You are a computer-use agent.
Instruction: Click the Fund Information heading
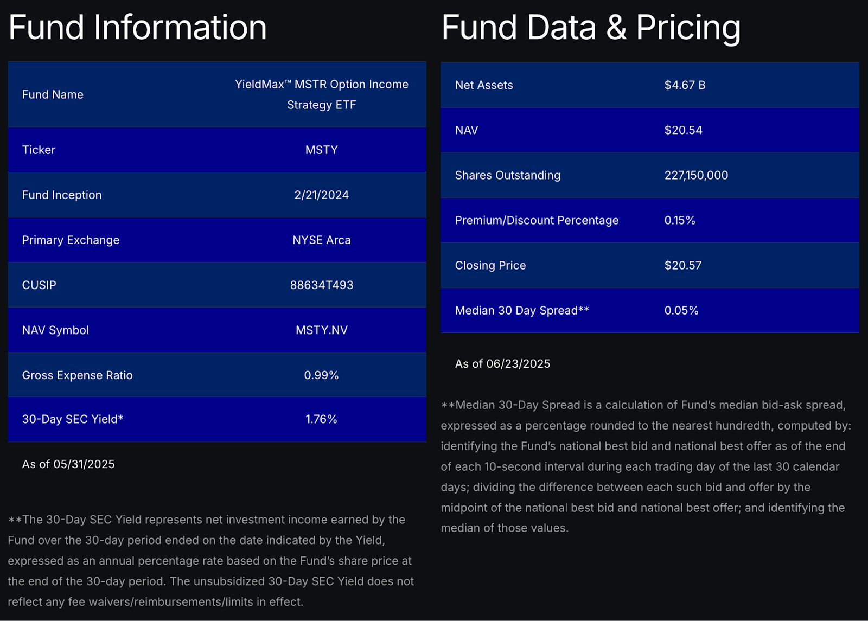pos(137,28)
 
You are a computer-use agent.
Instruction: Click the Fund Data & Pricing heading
pos(590,28)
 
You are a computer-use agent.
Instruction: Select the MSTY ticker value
pos(321,150)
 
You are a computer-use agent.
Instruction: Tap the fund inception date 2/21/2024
pos(321,195)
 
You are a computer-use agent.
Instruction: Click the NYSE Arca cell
pos(321,240)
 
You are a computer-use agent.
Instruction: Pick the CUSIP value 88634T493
pos(321,285)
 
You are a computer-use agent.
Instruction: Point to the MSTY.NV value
pos(321,330)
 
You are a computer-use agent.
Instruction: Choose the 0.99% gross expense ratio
pos(321,375)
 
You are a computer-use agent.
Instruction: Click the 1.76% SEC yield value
pos(321,419)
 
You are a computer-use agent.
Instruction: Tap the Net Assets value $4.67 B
pos(685,85)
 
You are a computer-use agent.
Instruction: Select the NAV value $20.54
pos(683,130)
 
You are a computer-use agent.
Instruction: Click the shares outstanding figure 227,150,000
pos(696,175)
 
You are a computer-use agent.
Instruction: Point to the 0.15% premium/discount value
pos(679,220)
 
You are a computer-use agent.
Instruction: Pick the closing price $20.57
pos(682,265)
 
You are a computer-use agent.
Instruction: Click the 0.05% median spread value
pos(681,310)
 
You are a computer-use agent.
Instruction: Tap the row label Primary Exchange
pos(71,240)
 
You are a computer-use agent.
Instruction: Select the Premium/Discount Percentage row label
pos(536,220)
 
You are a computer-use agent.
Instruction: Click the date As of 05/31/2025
pos(68,464)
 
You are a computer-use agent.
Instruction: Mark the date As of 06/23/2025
pos(502,364)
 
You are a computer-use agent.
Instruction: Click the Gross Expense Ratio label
pos(77,375)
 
